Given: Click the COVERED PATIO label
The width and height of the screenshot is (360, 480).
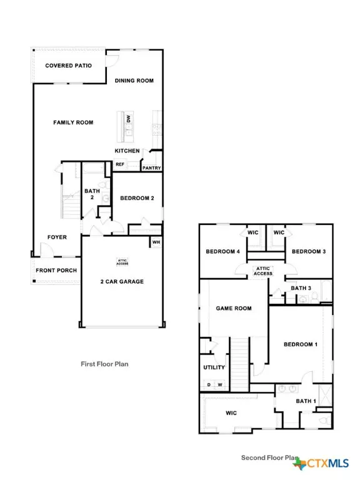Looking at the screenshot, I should [68, 66].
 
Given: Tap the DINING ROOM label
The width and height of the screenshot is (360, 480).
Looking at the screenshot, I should [134, 81].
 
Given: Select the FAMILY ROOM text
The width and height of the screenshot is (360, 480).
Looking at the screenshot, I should [73, 122].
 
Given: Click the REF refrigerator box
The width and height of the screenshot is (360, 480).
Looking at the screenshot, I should [119, 165].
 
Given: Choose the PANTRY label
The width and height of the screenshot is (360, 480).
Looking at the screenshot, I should [152, 167].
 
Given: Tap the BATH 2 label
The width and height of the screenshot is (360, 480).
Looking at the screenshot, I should [92, 195].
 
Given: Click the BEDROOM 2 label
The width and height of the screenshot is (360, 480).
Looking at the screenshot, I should [137, 199].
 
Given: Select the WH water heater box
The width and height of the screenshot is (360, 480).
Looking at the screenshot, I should [156, 242].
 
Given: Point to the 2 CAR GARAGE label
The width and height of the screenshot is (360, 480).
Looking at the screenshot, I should [122, 282].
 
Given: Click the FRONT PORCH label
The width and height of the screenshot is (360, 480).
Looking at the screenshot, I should [56, 271].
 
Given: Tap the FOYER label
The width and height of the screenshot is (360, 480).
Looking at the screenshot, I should [57, 237].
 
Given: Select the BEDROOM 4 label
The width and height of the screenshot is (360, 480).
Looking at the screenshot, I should [223, 252].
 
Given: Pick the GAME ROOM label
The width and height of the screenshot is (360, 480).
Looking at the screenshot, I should [234, 309].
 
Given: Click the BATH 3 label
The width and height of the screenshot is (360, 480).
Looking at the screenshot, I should [301, 288].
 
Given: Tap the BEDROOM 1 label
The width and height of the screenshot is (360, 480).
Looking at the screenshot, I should [301, 345].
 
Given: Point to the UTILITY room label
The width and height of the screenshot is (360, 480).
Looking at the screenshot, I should [214, 367].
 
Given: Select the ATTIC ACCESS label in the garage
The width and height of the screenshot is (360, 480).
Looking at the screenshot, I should [122, 262].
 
